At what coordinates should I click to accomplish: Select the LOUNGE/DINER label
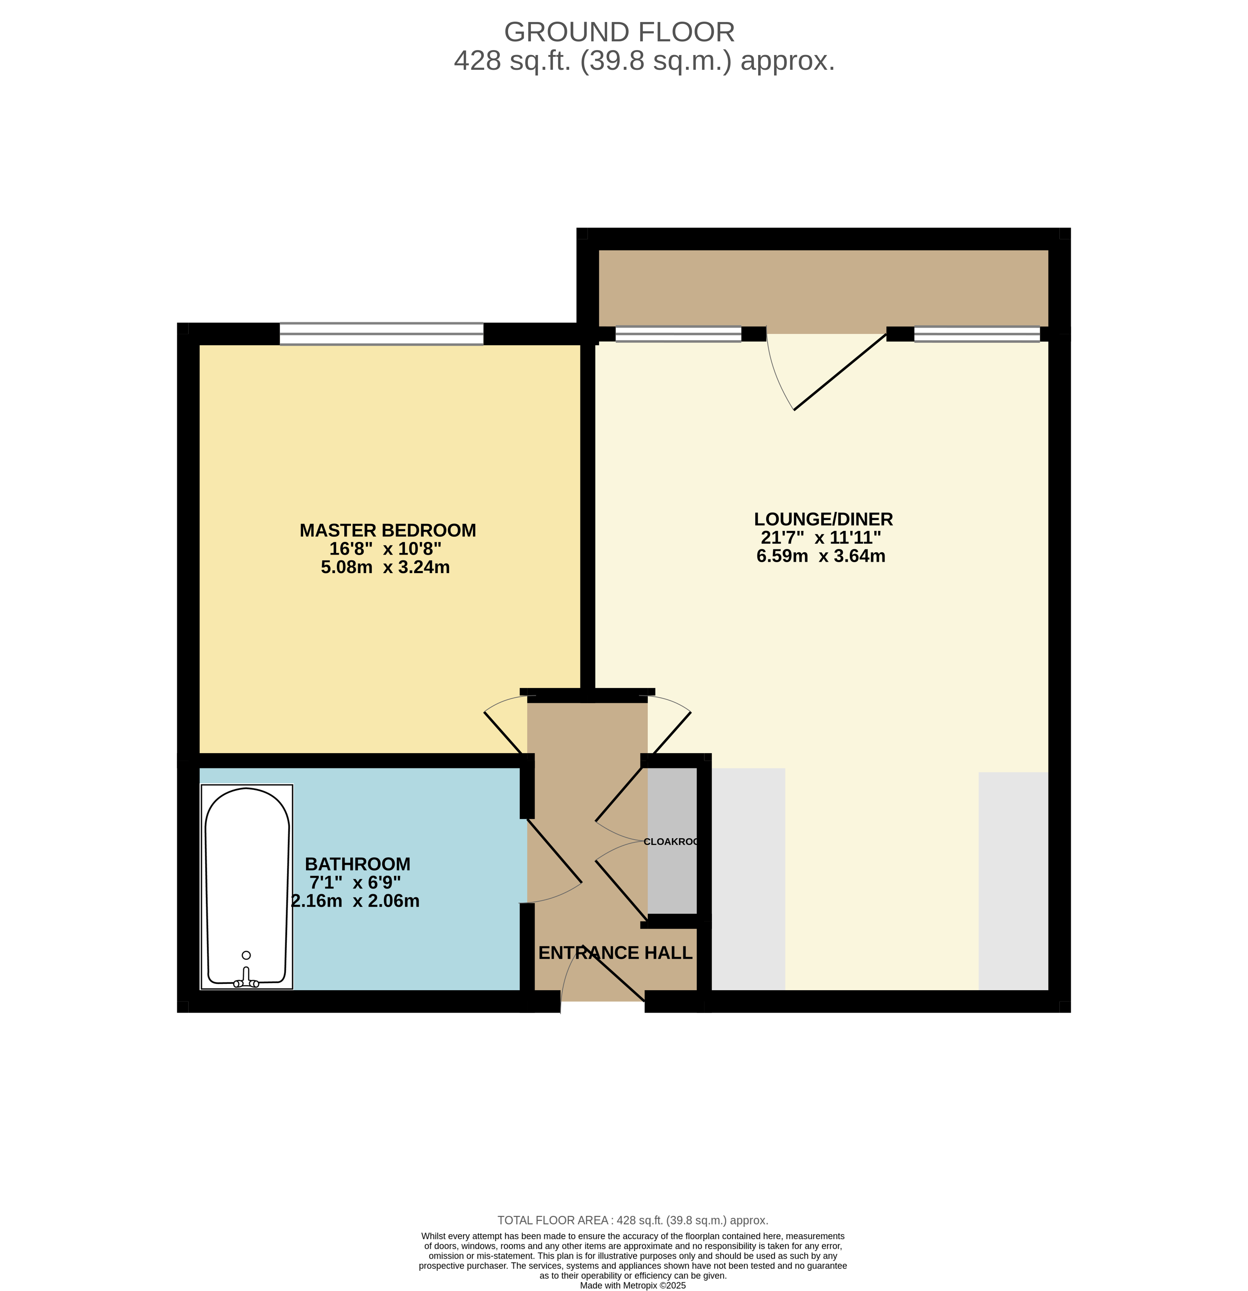point(823,519)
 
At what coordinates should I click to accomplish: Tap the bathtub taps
point(246,979)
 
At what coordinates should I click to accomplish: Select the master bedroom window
point(381,334)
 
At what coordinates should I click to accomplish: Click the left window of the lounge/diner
point(678,335)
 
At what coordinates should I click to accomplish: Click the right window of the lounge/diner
point(977,335)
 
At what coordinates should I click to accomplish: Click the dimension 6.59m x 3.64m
point(820,556)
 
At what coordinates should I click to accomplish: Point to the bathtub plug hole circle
point(246,955)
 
